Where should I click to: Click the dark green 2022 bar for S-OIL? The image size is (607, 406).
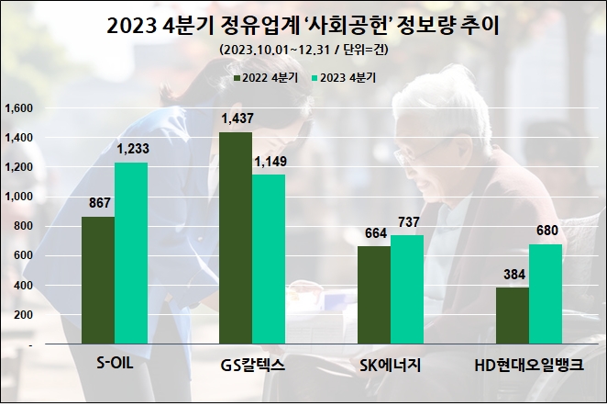pyautogui.click(x=98, y=280)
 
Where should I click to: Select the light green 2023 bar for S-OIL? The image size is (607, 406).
pyautogui.click(x=131, y=254)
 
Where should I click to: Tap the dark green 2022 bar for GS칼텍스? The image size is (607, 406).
pyautogui.click(x=236, y=238)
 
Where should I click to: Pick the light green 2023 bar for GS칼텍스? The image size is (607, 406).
pyautogui.click(x=269, y=259)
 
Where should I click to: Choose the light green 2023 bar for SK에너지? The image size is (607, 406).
pyautogui.click(x=406, y=289)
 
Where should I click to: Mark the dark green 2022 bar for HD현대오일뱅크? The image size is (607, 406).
pyautogui.click(x=512, y=315)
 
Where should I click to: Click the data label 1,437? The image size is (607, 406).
pyautogui.click(x=236, y=119)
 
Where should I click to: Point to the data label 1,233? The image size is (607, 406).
pyautogui.click(x=131, y=149)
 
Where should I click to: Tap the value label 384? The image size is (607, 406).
pyautogui.click(x=512, y=275)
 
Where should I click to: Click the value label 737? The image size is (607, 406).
pyautogui.click(x=406, y=223)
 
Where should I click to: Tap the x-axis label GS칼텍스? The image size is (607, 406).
pyautogui.click(x=252, y=364)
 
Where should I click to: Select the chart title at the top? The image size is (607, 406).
pyautogui.click(x=303, y=25)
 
